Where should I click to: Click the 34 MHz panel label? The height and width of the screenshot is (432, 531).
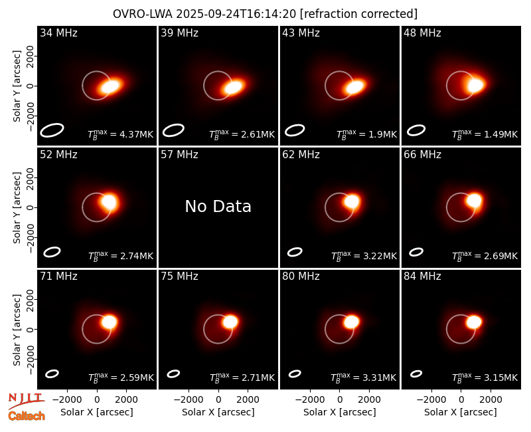[x=58, y=33]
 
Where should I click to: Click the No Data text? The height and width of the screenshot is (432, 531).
[x=218, y=206]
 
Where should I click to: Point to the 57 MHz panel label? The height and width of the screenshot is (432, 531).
[x=179, y=155]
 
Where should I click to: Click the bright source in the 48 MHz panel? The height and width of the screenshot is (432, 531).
[x=475, y=85]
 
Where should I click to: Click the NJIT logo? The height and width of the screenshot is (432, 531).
[x=26, y=401]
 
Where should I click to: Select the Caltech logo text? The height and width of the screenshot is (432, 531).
[x=27, y=416]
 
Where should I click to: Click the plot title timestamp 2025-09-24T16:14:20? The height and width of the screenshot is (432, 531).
[x=236, y=14]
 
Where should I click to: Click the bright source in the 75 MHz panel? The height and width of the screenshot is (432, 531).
[x=230, y=322]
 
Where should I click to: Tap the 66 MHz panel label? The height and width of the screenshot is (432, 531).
[x=422, y=155]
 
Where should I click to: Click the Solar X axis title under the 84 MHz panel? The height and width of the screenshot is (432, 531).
[x=461, y=412]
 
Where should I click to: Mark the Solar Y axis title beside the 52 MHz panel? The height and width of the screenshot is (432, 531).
[x=17, y=207]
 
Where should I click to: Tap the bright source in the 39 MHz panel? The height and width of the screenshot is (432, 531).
[x=234, y=87]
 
